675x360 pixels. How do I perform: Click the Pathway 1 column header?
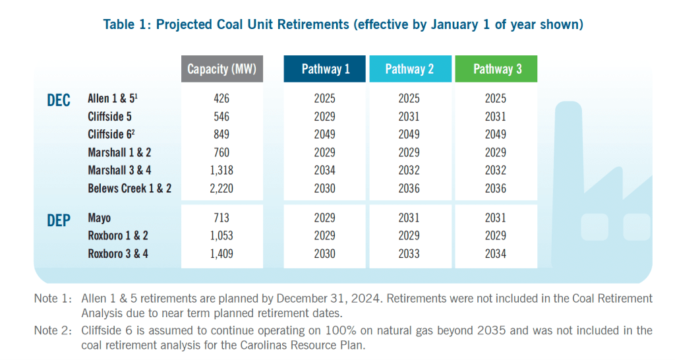[324, 69]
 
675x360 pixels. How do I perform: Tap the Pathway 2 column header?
[409, 69]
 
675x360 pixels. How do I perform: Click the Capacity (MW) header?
[221, 69]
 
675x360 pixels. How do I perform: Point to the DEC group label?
[59, 101]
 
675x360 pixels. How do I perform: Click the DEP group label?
[59, 220]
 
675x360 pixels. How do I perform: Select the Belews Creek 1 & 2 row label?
[129, 188]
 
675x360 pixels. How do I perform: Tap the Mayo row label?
[100, 218]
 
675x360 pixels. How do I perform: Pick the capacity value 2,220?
[221, 188]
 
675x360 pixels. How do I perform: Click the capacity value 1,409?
[221, 253]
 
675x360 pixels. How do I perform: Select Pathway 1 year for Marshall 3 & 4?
[324, 170]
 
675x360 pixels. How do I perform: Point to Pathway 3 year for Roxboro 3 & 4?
[496, 253]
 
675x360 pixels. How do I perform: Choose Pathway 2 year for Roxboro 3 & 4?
[409, 253]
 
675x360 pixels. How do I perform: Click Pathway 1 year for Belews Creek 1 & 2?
[324, 188]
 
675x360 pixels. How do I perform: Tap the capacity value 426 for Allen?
[221, 99]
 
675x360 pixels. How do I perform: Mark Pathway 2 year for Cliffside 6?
[409, 135]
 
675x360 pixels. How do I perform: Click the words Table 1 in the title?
[125, 25]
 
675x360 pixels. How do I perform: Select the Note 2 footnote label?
[53, 330]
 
